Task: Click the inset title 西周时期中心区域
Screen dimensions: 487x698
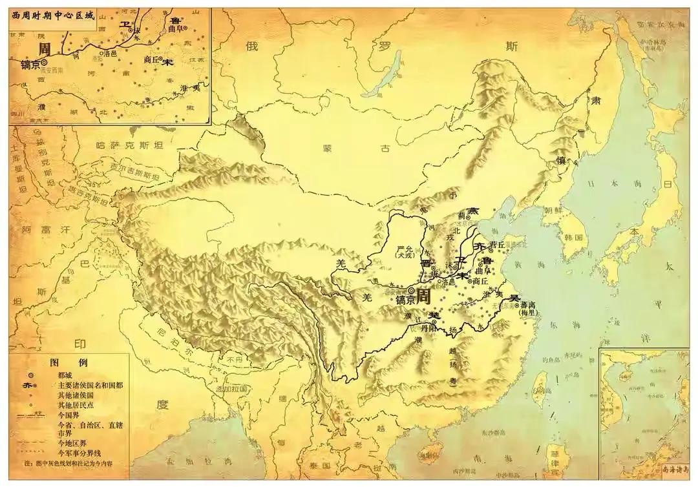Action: pyautogui.click(x=52, y=14)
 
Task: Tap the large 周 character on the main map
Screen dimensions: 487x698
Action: pyautogui.click(x=423, y=296)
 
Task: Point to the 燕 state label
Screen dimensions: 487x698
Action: pyautogui.click(x=474, y=211)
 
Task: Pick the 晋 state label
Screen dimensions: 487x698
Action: pyautogui.click(x=425, y=264)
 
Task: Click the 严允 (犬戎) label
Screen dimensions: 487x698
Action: pyautogui.click(x=405, y=253)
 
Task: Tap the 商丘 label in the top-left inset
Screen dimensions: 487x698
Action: pyautogui.click(x=152, y=59)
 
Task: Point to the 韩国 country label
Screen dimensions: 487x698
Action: pyautogui.click(x=574, y=237)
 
